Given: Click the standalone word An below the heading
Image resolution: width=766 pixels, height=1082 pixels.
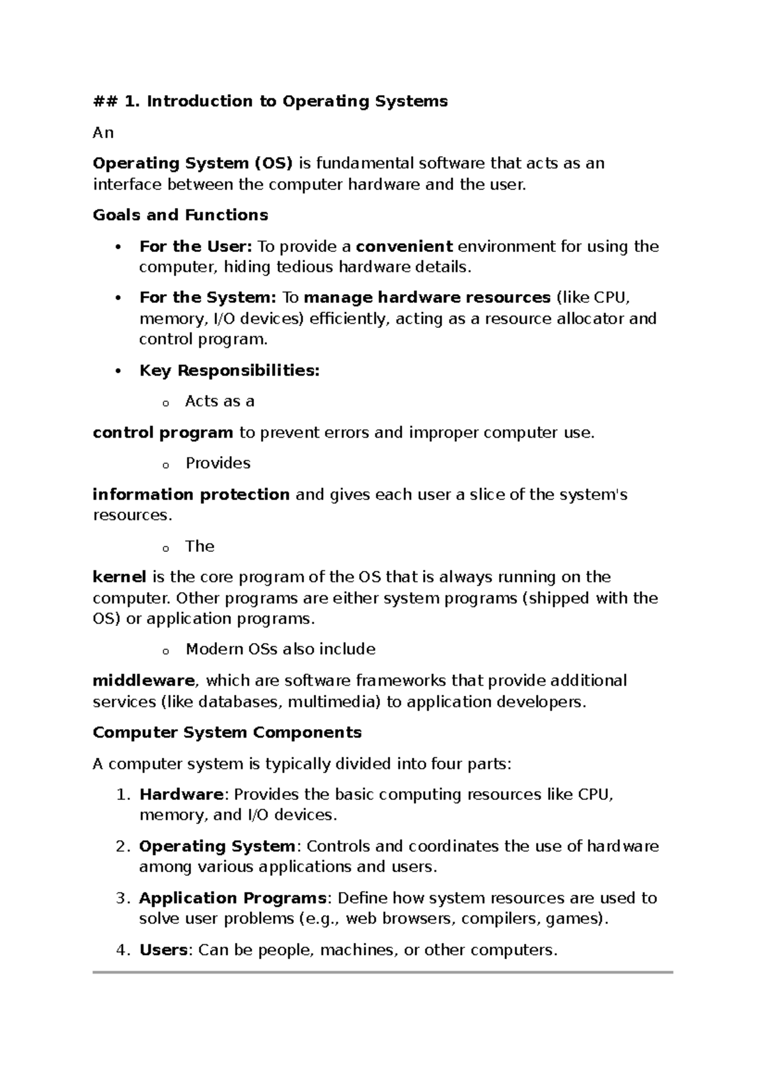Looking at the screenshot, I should coord(103,133).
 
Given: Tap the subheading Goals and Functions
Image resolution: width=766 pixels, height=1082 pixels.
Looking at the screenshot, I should coord(180,215).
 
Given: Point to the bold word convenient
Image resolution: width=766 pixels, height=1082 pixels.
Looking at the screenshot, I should coord(404,246).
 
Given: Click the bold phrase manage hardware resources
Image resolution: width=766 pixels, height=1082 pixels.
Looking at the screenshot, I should coord(427,298).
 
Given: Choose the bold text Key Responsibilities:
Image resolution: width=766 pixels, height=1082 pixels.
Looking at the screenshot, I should coord(229,371).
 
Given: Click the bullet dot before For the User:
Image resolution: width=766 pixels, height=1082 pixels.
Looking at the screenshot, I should coord(117,248).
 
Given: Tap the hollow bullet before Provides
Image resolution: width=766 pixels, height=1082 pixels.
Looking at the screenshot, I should coord(165,465).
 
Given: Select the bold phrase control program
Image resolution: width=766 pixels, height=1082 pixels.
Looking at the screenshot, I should coord(163,433).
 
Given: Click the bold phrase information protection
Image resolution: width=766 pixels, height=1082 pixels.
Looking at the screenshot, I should coord(191,495).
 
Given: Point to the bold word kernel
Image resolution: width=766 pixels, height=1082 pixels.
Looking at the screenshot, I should coord(119,577).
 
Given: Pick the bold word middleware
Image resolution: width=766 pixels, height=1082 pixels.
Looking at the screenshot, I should coord(144,681).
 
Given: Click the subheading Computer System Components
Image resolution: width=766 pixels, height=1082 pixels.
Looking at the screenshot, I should coord(227,732).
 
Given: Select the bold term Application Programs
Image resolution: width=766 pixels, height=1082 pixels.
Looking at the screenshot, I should coord(232,898).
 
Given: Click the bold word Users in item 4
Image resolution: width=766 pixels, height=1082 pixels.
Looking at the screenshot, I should coord(163,950).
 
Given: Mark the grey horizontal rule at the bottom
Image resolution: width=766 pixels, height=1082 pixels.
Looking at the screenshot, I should coord(383,972).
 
